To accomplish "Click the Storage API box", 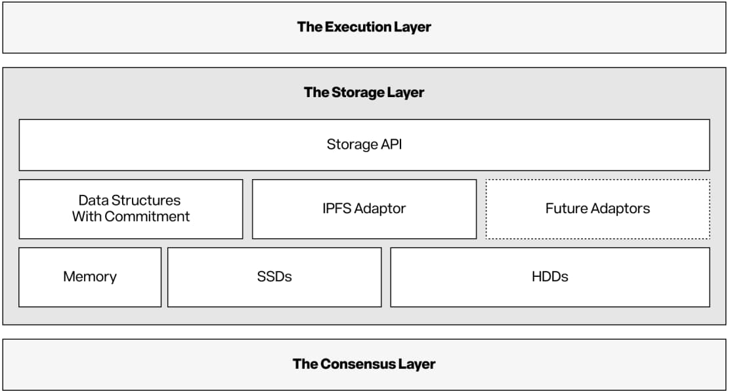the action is click(x=364, y=145).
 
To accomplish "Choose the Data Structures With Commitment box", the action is click(x=131, y=209).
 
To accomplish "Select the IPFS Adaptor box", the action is click(x=364, y=209).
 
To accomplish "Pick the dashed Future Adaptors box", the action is click(x=598, y=209).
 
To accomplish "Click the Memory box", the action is click(x=90, y=277).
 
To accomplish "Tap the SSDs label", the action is click(x=274, y=276).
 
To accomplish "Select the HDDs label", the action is click(x=550, y=276).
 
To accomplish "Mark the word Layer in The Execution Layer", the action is click(x=413, y=26).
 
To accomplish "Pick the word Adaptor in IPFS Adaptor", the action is click(x=380, y=209).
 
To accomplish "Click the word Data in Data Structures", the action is click(x=91, y=200).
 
